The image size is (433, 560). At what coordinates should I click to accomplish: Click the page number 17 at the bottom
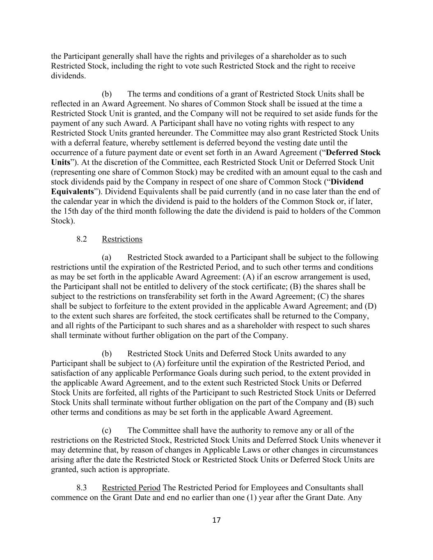click(216, 520)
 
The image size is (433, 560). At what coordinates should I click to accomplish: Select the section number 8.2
click(81, 239)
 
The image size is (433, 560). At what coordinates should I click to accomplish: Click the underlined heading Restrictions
click(122, 239)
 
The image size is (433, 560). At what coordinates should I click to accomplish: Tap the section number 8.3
click(81, 488)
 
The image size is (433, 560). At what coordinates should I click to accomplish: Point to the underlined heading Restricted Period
click(131, 488)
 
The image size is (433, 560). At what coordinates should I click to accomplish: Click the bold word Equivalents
click(72, 192)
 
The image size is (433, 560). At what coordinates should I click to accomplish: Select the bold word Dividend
click(347, 182)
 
